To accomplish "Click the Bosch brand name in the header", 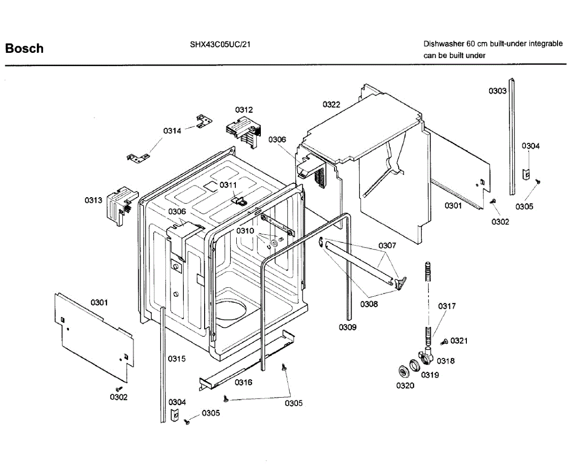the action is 24,49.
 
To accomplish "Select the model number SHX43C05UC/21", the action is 220,44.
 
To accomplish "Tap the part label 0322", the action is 331,104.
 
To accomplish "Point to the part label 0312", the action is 244,110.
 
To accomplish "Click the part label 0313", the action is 93,200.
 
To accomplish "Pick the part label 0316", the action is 243,382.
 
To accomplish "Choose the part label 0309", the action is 347,327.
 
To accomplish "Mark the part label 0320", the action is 405,386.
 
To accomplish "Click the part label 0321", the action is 459,341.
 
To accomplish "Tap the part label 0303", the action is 498,91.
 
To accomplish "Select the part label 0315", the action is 177,359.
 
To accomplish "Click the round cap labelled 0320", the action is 403,372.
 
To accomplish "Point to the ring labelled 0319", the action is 414,366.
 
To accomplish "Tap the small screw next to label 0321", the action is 444,341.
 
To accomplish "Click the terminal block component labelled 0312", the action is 244,132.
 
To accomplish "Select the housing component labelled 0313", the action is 122,205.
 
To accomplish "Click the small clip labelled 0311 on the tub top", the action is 239,201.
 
